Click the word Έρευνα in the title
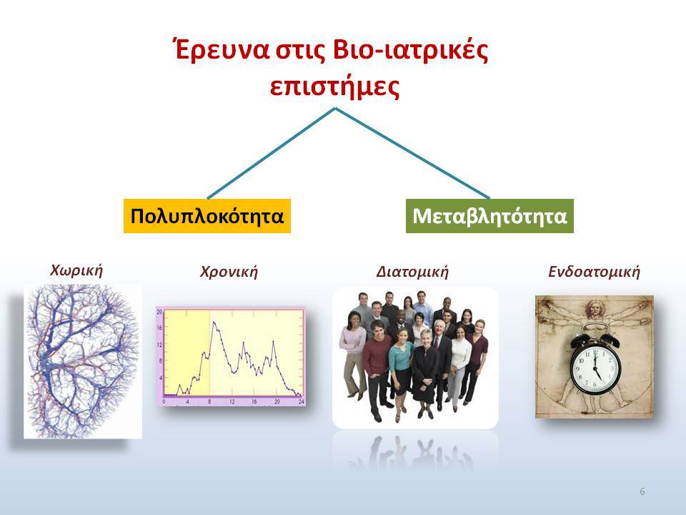[x=220, y=50]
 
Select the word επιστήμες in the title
[x=334, y=87]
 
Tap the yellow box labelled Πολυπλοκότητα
[x=207, y=216]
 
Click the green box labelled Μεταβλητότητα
[x=489, y=216]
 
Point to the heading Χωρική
[x=76, y=270]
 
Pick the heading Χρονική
[x=229, y=272]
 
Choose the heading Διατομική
[x=412, y=272]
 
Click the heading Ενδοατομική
[x=594, y=272]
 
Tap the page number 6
[x=642, y=491]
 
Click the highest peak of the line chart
[x=214, y=323]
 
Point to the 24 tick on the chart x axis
[x=301, y=401]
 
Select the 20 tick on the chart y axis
[x=159, y=312]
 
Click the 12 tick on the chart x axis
[x=232, y=401]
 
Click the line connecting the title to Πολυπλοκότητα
[x=272, y=153]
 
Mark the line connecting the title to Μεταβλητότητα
[x=412, y=153]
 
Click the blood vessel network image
[x=83, y=361]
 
